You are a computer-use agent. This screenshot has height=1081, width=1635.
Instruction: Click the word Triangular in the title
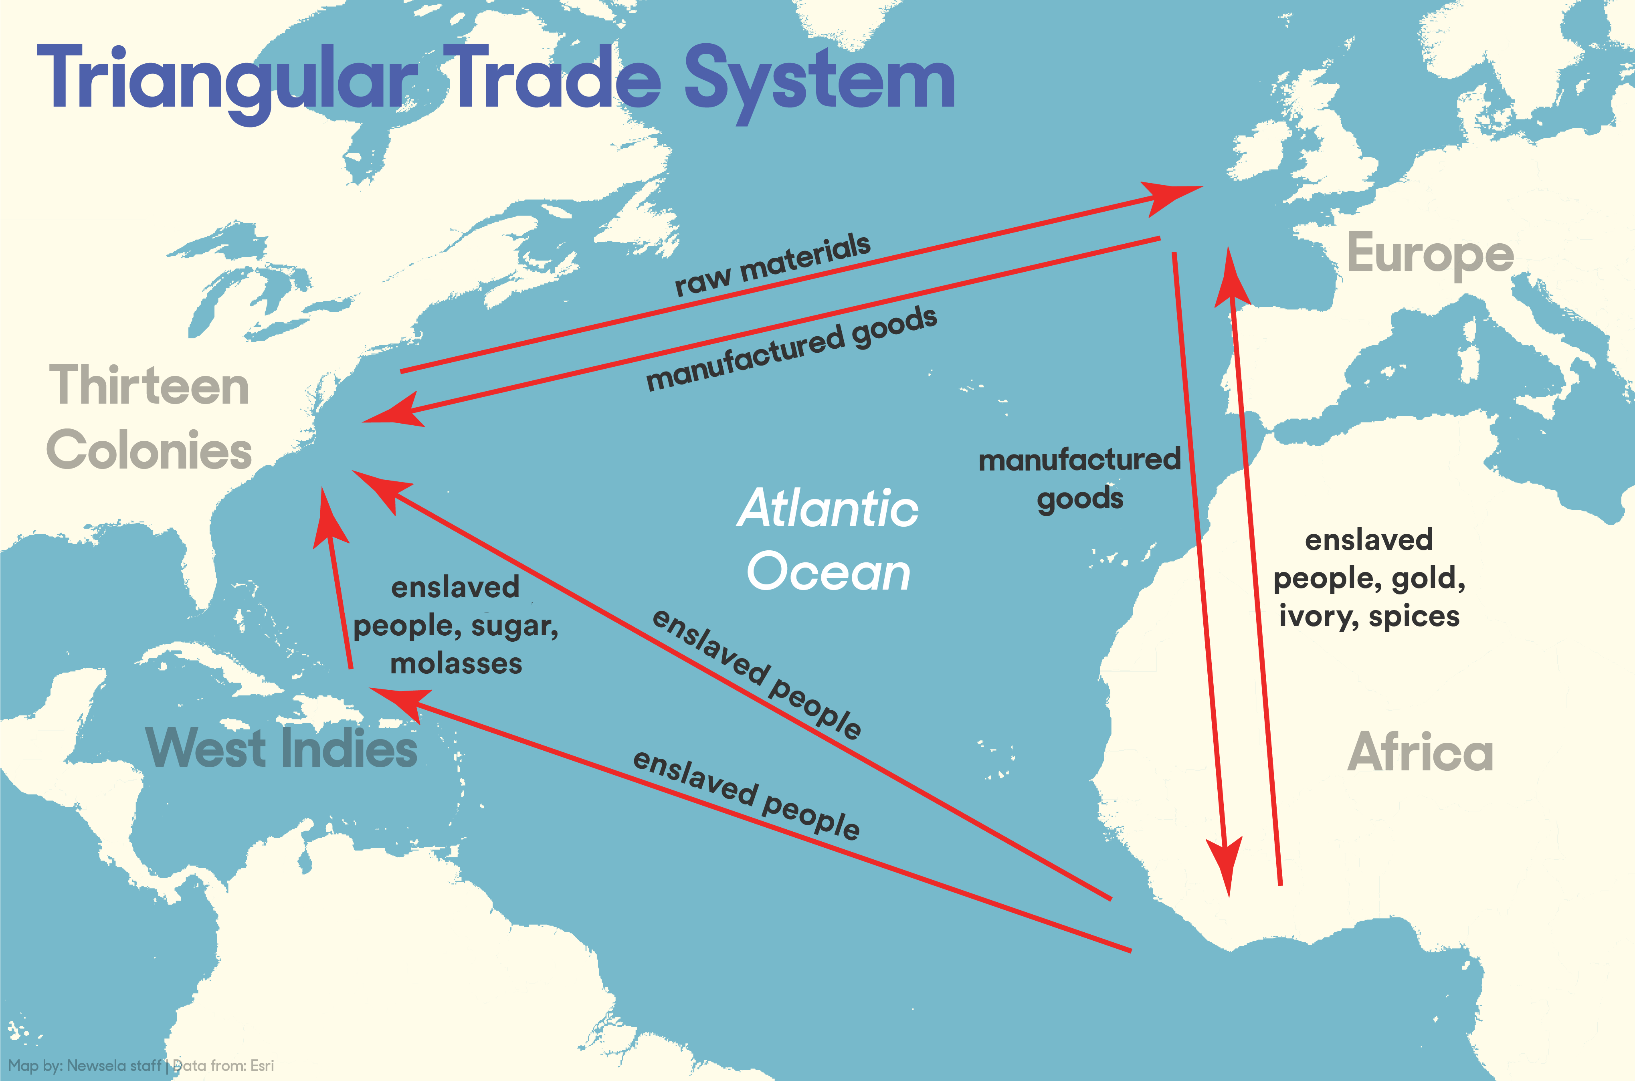227,79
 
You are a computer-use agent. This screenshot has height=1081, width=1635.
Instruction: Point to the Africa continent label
1420,752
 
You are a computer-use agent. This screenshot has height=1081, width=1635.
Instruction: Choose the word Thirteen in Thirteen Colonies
149,386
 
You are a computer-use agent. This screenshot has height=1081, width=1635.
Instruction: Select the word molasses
456,664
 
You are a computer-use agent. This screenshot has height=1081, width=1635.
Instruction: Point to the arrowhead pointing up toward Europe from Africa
1231,279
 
